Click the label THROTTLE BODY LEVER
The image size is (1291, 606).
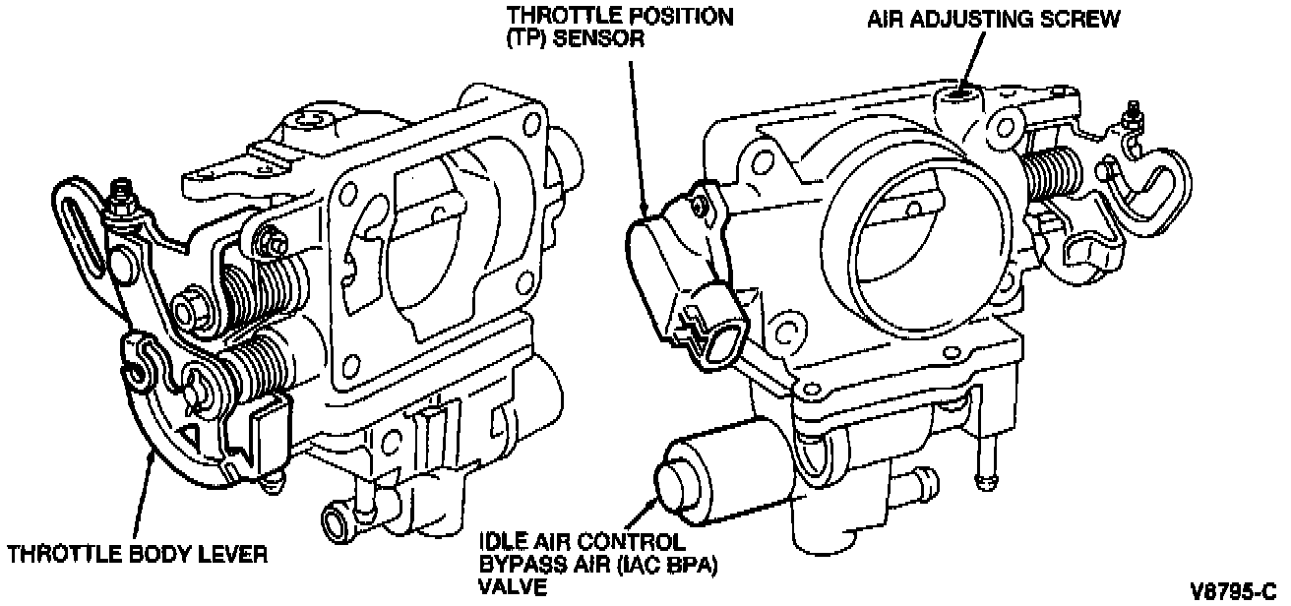tap(137, 555)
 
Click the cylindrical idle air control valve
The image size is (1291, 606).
tap(714, 476)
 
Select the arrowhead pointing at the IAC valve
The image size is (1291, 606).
tap(657, 501)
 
